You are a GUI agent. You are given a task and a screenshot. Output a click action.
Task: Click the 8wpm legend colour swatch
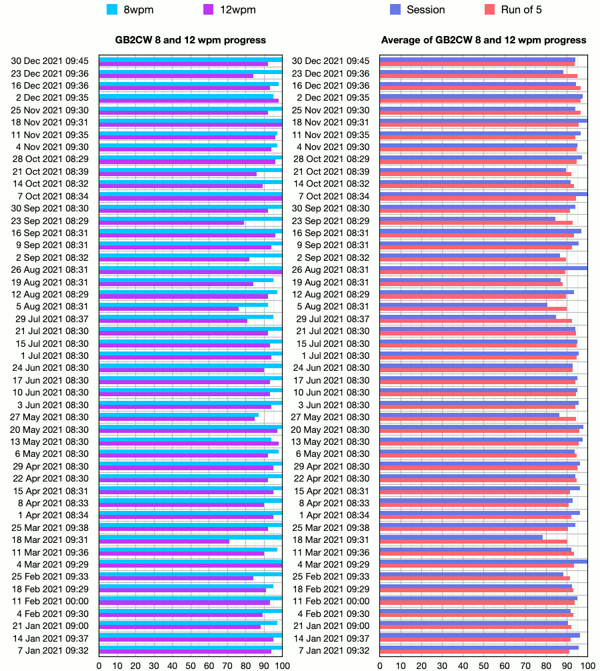[x=113, y=9]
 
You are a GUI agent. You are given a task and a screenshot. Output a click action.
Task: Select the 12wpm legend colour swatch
[x=208, y=9]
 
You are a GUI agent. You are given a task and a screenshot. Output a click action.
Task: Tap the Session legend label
[x=425, y=9]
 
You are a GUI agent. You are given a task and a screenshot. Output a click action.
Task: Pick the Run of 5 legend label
[x=521, y=9]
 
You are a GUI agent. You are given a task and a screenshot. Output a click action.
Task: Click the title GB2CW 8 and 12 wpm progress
[x=191, y=40]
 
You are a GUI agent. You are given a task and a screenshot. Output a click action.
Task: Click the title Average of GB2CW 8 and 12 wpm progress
[x=484, y=40]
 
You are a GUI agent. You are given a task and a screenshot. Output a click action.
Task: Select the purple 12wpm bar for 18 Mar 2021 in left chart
[x=164, y=542]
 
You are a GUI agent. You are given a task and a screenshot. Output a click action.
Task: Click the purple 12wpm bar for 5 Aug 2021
[x=169, y=308]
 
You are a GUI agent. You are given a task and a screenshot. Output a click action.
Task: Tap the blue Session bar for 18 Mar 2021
[x=461, y=537]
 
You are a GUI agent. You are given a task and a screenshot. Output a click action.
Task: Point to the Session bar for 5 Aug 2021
[x=463, y=304]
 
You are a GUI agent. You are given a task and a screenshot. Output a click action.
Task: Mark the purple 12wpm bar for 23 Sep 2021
[x=171, y=223]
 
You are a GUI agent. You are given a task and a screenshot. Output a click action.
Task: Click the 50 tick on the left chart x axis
[x=191, y=665]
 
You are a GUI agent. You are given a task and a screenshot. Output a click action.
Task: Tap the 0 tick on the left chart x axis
[x=99, y=665]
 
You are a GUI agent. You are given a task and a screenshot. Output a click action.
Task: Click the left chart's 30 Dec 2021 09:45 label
[x=50, y=61]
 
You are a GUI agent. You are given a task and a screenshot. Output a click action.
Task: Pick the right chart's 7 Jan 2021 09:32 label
[x=331, y=650]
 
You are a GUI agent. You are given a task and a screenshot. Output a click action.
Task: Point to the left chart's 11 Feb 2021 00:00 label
[x=50, y=602]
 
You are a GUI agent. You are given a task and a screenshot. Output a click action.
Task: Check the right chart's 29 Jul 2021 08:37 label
[x=331, y=319]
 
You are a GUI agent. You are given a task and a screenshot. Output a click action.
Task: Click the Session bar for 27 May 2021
[x=469, y=415]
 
